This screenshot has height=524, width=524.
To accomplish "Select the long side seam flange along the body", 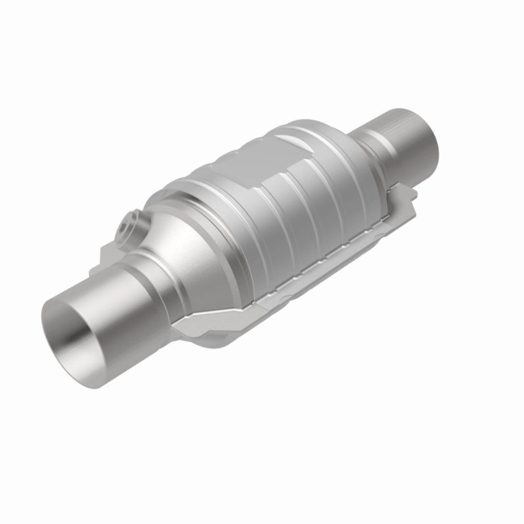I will coord(314,267).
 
